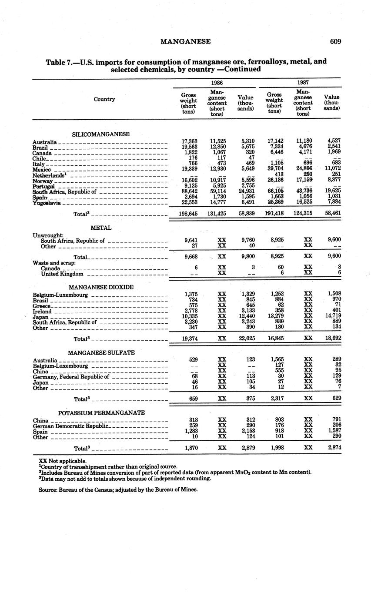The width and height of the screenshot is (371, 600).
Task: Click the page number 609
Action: (335, 42)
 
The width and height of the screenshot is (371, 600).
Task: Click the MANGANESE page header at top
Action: (185, 42)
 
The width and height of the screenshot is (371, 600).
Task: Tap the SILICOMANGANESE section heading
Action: (100, 134)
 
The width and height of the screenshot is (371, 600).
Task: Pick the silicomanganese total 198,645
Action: (188, 214)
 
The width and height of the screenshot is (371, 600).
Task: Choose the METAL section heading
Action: (101, 228)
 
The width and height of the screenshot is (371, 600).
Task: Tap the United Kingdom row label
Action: (62, 274)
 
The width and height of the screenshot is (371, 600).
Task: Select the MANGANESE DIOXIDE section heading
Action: (101, 287)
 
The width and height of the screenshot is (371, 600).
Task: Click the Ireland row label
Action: (42, 312)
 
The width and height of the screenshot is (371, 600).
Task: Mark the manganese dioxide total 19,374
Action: (188, 338)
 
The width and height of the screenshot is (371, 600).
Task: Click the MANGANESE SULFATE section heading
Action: (101, 352)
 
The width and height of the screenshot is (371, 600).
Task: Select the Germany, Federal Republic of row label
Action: (70, 377)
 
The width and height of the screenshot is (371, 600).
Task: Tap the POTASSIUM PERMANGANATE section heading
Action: (101, 412)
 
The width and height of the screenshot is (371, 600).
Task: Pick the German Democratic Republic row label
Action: (70, 426)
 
